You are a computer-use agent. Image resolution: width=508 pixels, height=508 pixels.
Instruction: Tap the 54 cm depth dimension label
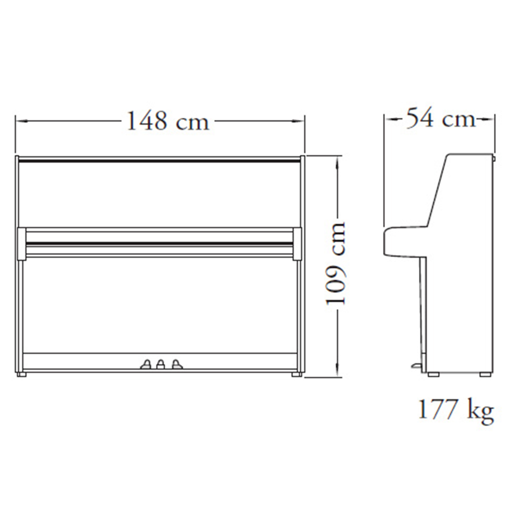point(441,119)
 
